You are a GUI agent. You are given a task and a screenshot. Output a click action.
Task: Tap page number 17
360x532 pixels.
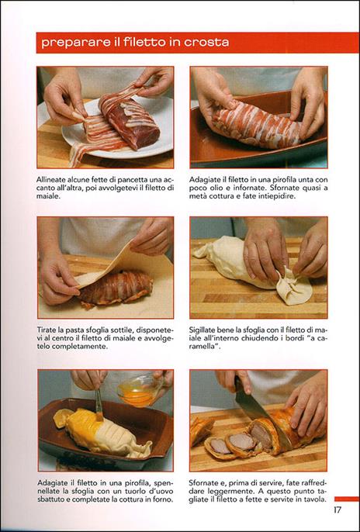pyautogui.click(x=337, y=510)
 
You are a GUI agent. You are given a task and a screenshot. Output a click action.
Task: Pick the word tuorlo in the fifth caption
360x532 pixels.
pyautogui.click(x=133, y=492)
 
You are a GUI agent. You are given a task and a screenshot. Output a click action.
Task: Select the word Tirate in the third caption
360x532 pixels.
pyautogui.click(x=46, y=330)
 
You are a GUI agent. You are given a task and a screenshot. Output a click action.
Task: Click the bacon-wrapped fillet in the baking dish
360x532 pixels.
pyautogui.click(x=257, y=126)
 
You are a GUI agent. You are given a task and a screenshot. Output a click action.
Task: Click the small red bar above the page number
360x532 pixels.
pyautogui.click(x=347, y=499)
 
